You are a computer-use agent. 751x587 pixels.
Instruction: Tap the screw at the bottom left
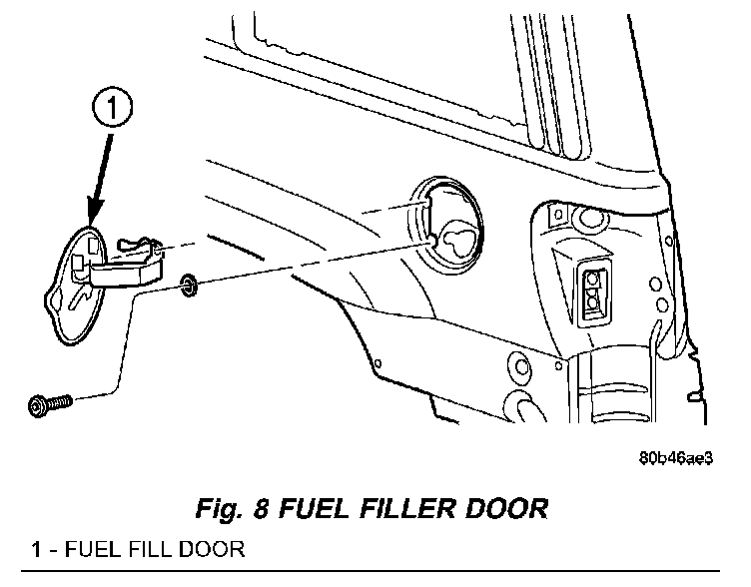coord(50,405)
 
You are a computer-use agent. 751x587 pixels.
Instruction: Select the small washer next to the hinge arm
coord(189,285)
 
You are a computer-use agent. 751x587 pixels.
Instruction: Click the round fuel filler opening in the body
coord(445,225)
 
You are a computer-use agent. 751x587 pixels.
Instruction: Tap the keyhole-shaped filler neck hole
coord(457,239)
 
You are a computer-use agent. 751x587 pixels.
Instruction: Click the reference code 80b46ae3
coord(676,458)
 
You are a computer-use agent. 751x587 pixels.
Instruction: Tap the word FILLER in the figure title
coord(406,508)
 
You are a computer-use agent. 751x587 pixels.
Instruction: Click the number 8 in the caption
coord(261,508)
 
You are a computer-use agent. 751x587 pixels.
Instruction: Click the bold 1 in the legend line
coord(36,549)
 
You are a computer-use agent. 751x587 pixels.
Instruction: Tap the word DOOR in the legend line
coord(212,549)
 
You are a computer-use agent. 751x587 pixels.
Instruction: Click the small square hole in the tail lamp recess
coord(557,214)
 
